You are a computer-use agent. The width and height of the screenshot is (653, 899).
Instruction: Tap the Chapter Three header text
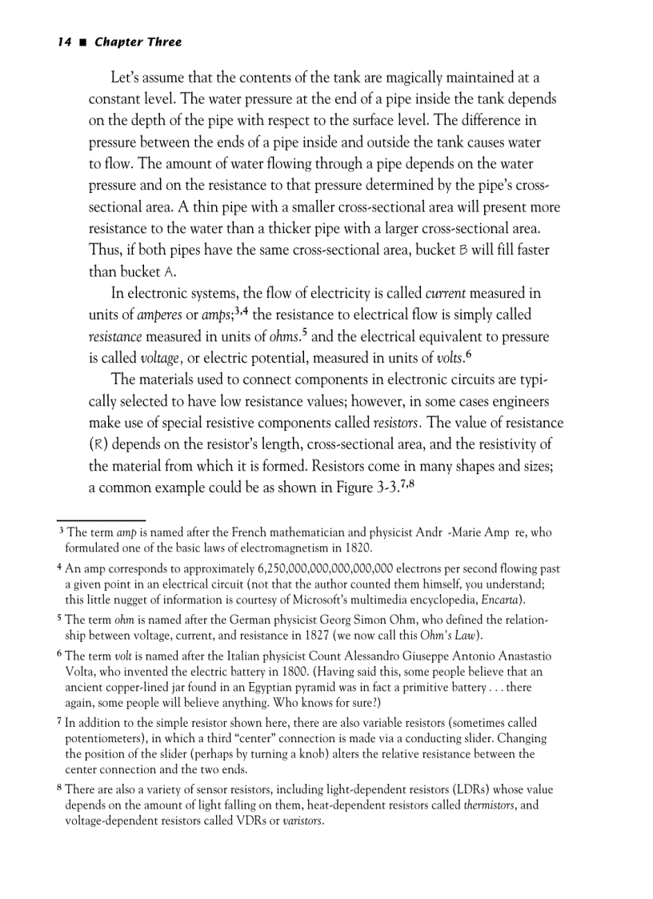pos(138,42)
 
